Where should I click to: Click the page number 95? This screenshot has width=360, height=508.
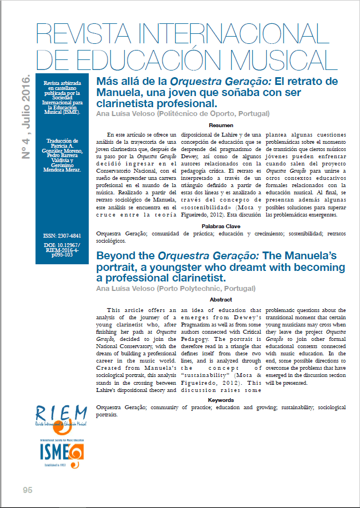[28, 490]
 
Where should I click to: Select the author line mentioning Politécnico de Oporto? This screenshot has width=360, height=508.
[183, 114]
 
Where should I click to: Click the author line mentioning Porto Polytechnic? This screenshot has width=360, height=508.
[176, 289]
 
